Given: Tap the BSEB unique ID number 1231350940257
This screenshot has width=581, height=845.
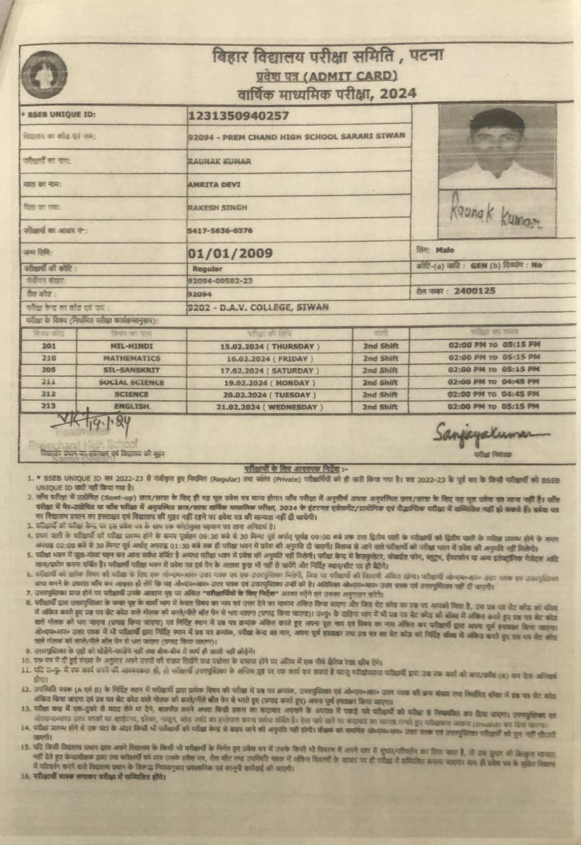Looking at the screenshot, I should tap(238, 116).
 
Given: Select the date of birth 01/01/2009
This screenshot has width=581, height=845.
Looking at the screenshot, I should tap(230, 253).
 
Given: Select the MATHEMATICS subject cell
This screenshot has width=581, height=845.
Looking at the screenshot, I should tap(131, 358).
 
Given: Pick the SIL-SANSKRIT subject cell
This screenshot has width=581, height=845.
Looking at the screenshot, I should tap(131, 370).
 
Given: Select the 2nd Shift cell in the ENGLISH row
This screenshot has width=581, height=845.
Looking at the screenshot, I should tap(381, 407).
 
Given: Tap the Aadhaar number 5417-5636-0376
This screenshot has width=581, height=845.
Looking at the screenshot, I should tap(220, 230).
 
